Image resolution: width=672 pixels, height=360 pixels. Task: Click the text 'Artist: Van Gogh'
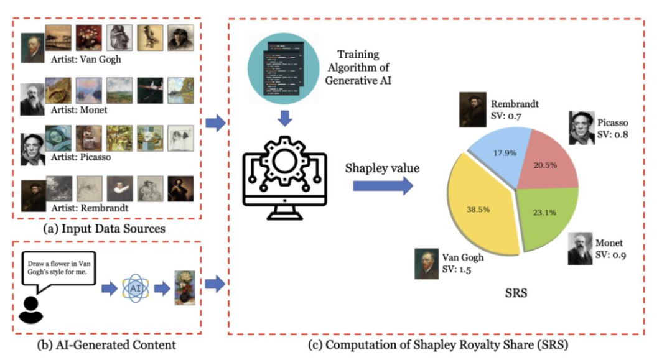[x=86, y=60]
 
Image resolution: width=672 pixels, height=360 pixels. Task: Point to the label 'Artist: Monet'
[x=79, y=110]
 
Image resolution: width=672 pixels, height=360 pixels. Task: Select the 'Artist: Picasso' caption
[x=80, y=157]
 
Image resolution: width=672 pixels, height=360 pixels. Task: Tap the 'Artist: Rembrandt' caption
[x=90, y=208]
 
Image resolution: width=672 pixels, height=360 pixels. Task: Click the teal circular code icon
[x=283, y=68]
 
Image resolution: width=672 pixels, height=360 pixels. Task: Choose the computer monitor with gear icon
[x=284, y=178]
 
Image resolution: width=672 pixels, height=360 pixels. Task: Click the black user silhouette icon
[x=31, y=310]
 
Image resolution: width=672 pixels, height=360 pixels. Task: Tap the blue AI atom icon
[x=136, y=288]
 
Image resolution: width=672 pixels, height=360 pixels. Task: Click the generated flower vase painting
[x=185, y=288]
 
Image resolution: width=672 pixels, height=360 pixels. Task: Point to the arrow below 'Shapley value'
[x=383, y=186]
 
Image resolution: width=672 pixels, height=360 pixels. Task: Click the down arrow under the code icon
[x=284, y=118]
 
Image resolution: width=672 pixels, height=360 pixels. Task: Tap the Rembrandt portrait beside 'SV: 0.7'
[x=473, y=109]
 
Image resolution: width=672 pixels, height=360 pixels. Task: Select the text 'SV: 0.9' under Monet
[x=610, y=255]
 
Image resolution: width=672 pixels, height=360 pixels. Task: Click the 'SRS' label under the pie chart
[x=516, y=293]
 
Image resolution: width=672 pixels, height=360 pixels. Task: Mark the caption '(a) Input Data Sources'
[x=104, y=229]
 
